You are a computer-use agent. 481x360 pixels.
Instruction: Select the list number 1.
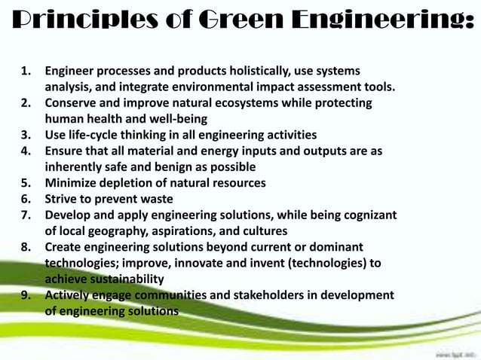pyautogui.click(x=26, y=73)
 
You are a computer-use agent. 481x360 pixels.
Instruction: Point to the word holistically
pyautogui.click(x=244, y=73)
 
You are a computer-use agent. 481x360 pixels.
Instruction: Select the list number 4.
pyautogui.click(x=26, y=151)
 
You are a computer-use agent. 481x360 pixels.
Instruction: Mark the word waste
pyautogui.click(x=155, y=200)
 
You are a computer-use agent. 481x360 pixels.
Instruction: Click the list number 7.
pyautogui.click(x=26, y=215)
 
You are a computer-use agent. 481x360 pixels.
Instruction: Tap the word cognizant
pyautogui.click(x=366, y=215)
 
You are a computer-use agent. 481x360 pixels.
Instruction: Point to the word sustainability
pyautogui.click(x=121, y=279)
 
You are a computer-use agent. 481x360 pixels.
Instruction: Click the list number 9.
pyautogui.click(x=26, y=295)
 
